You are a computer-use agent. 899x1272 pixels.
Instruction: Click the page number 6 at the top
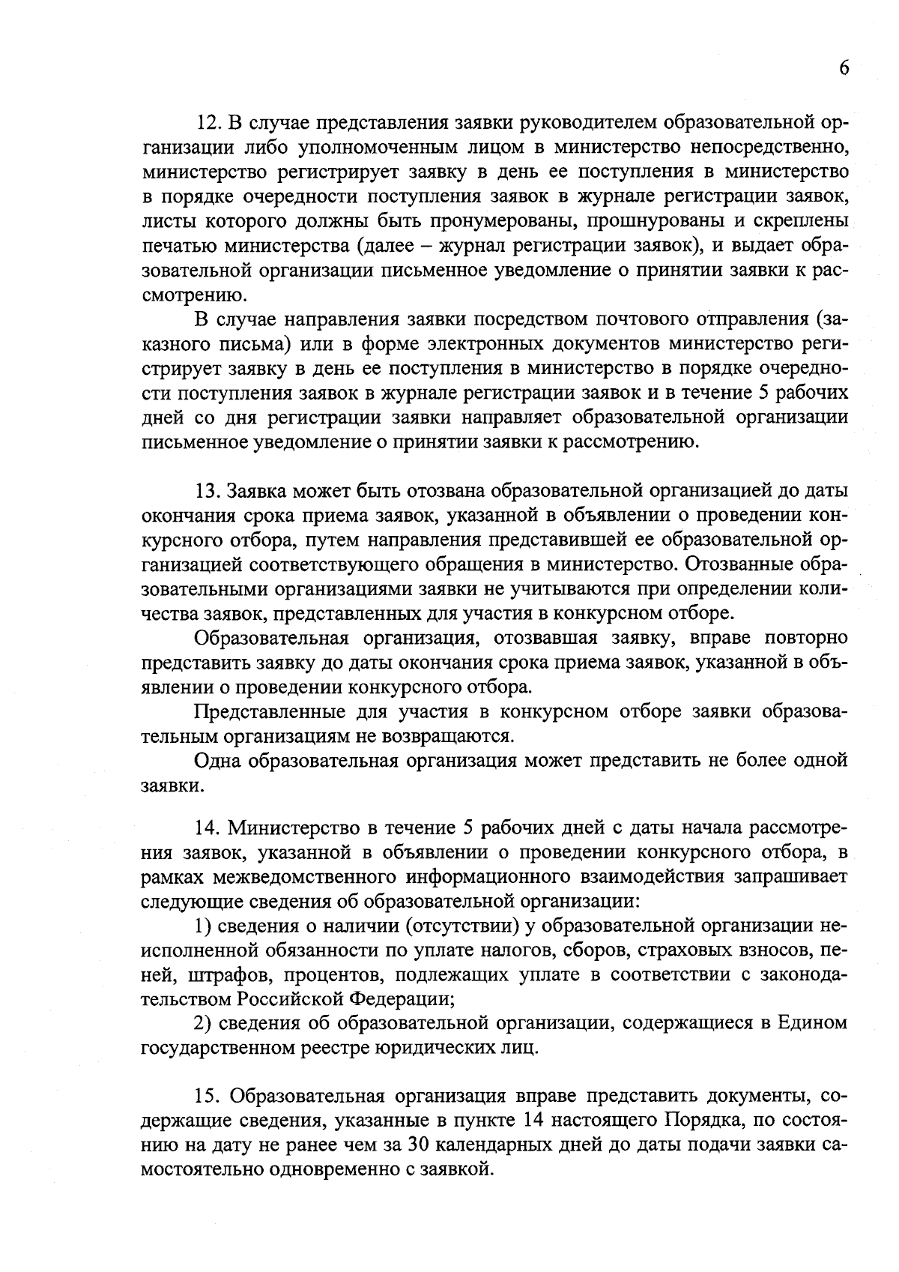point(843,68)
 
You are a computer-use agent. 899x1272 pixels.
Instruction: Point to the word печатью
point(170,245)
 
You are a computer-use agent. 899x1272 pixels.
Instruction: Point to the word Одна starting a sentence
point(218,760)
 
